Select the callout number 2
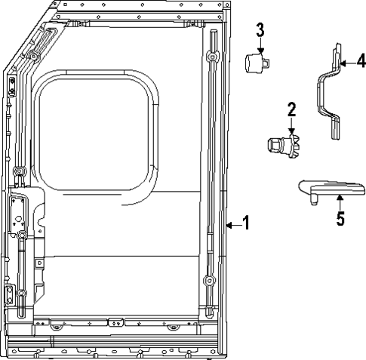pyautogui.click(x=292, y=110)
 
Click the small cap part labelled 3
pyautogui.click(x=257, y=60)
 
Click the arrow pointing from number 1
pyautogui.click(x=232, y=224)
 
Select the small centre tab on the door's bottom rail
pyautogui.click(x=115, y=322)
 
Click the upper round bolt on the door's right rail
pyautogui.click(x=212, y=59)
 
